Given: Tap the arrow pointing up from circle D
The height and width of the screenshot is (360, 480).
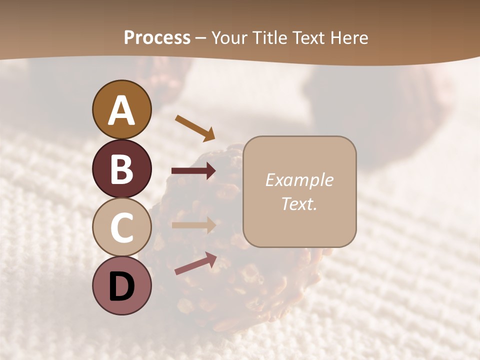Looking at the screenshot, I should click(195, 263).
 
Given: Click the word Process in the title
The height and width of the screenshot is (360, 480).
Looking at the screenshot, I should click(157, 38).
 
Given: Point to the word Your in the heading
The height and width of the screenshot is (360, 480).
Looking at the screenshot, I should click(228, 38).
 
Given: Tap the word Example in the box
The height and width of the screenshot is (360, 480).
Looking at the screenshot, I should click(299, 180).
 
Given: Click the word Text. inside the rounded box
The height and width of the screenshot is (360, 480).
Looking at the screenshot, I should click(299, 204).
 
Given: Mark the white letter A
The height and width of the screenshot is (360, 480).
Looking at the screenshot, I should click(122, 110).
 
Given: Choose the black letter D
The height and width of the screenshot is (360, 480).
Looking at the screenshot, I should click(122, 286).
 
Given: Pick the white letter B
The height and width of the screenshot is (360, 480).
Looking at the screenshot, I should click(122, 168).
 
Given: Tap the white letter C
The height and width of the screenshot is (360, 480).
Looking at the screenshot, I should click(122, 227).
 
